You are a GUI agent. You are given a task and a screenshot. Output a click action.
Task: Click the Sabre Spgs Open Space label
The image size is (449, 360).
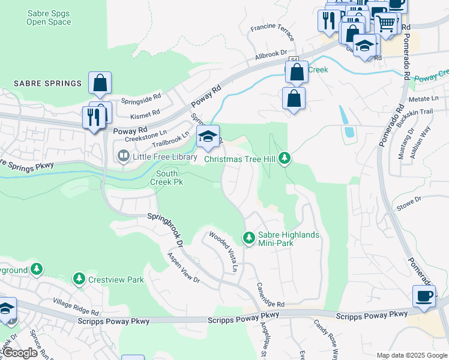pyautogui.click(x=49, y=17)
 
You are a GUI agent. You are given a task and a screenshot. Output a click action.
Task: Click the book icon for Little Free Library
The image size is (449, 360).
pyautogui.click(x=122, y=157)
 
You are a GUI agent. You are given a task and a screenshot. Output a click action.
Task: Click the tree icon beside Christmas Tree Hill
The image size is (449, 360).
pyautogui.click(x=285, y=158)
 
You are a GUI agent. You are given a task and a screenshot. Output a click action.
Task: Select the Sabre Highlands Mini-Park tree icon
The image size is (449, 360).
pyautogui.click(x=249, y=238)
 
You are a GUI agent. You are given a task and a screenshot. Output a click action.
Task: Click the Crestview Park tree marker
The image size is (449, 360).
pyautogui.click(x=79, y=279)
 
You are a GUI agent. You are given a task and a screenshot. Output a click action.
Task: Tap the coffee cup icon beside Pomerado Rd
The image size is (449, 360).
pyautogui.click(x=424, y=296)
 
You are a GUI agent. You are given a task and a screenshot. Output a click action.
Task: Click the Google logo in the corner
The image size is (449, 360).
pyautogui.click(x=20, y=353)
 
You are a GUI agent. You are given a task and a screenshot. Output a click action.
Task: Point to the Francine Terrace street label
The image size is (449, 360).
pyautogui.click(x=273, y=33)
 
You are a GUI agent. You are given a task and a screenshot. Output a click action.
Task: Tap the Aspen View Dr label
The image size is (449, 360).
pyautogui.click(x=183, y=267)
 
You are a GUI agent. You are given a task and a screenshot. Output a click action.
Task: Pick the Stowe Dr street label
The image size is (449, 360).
pyautogui.click(x=410, y=207)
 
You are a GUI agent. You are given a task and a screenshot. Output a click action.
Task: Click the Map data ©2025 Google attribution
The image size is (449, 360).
pyautogui.click(x=411, y=355)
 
